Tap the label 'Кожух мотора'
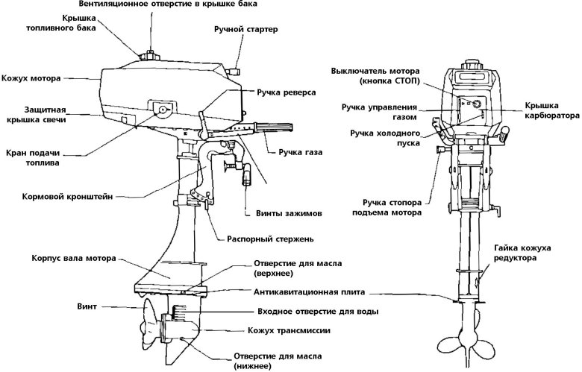[x=31, y=77]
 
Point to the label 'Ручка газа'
[x=299, y=154]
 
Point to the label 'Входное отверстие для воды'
[x=316, y=311]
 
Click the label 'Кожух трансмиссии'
[x=287, y=330]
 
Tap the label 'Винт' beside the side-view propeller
[x=87, y=306]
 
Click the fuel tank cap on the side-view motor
[x=148, y=55]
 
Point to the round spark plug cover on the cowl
[x=162, y=110]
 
